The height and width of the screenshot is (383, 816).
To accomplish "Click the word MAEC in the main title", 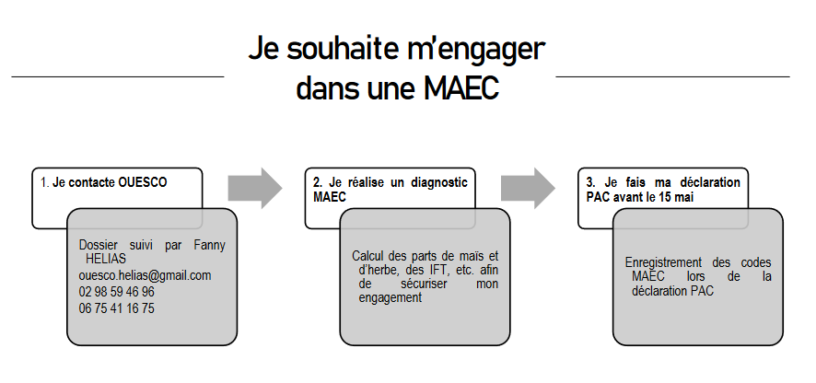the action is [x=461, y=88].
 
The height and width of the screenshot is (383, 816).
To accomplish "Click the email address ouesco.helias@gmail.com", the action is [x=146, y=275].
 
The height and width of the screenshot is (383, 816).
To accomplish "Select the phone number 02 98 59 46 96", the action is [x=117, y=292].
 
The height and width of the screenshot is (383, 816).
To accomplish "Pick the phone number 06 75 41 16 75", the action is [x=117, y=308].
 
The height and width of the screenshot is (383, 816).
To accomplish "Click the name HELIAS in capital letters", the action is [x=106, y=259].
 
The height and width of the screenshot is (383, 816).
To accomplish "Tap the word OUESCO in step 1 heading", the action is [x=143, y=182].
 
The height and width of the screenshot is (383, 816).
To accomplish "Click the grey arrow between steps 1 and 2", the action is [x=255, y=188].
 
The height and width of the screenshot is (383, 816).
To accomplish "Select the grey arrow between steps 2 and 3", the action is [x=529, y=188].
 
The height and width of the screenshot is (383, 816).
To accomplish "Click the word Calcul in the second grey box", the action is [x=367, y=256].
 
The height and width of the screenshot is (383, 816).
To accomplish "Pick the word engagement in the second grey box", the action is [x=391, y=298].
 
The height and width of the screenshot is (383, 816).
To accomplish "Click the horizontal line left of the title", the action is [x=118, y=77].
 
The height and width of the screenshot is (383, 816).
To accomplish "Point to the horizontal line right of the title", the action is [x=673, y=77].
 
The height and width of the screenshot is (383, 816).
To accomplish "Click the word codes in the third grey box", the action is [x=756, y=263].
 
